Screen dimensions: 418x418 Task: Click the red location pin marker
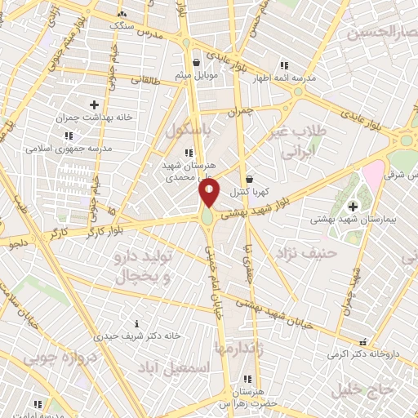(x=209, y=193)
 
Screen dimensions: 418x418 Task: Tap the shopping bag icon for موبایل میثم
(x=196, y=61)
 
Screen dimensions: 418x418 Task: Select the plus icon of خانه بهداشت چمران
(x=94, y=104)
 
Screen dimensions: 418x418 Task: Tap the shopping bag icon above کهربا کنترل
(x=249, y=179)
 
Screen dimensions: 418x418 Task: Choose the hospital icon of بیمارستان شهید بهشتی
(x=353, y=206)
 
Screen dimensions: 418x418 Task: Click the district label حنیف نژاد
(x=305, y=253)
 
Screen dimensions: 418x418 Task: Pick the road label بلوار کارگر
(x=109, y=228)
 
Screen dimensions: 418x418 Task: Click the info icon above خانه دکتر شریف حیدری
(x=136, y=323)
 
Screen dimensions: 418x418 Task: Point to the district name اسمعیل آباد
(x=175, y=368)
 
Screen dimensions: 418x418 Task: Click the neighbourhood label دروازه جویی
(x=60, y=358)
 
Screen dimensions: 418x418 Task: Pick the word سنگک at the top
(x=124, y=25)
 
